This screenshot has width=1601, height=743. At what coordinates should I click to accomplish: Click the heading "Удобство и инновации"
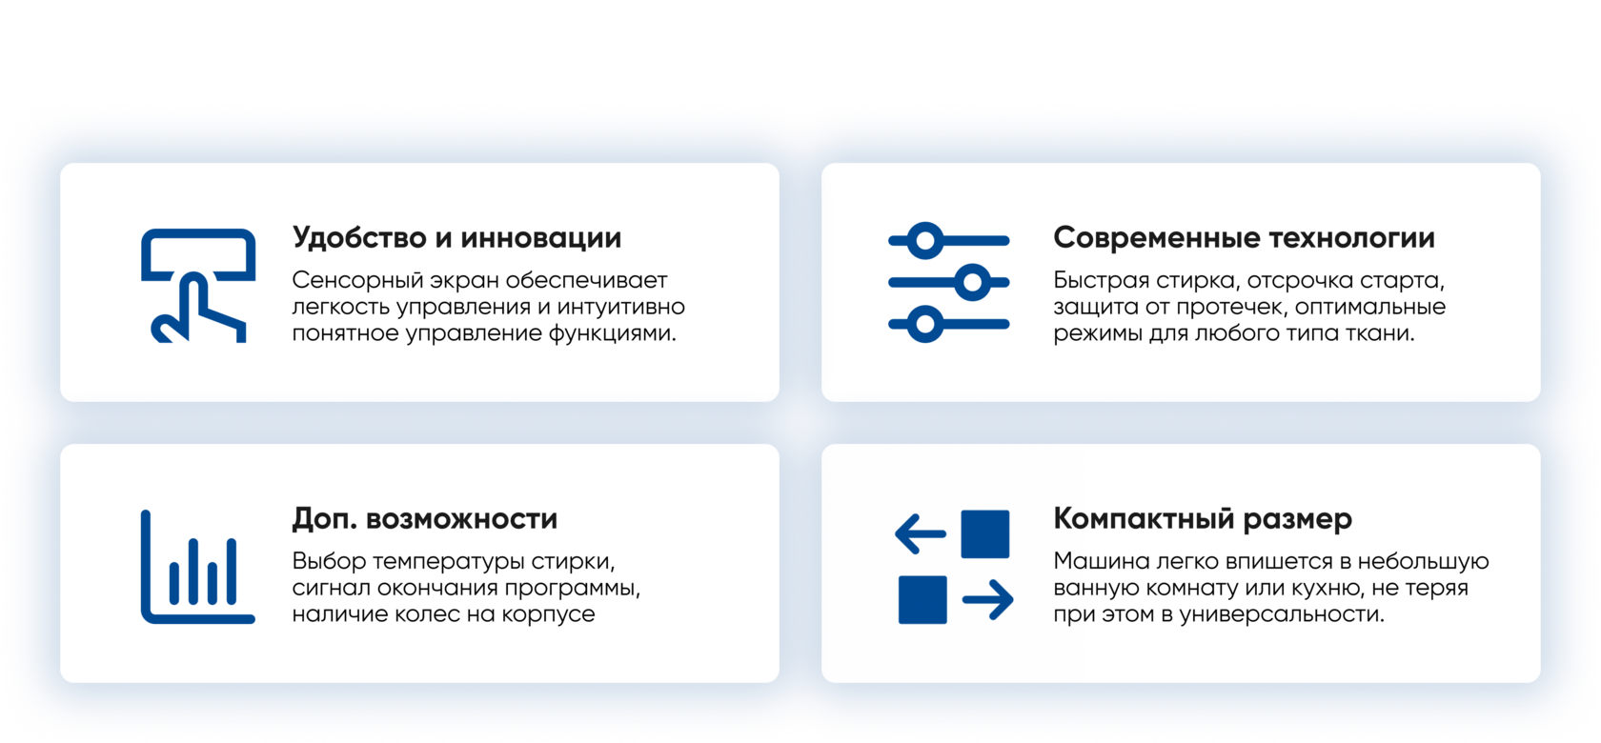pyautogui.click(x=456, y=238)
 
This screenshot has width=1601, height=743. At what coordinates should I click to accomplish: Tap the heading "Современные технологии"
pyautogui.click(x=1244, y=238)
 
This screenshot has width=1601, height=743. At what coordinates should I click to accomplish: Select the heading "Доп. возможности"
pyautogui.click(x=425, y=519)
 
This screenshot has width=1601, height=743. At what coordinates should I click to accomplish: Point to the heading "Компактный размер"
pyautogui.click(x=1203, y=519)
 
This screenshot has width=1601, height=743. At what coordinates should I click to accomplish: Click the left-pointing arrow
pyautogui.click(x=921, y=533)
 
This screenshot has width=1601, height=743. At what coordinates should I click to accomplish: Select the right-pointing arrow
pyautogui.click(x=987, y=599)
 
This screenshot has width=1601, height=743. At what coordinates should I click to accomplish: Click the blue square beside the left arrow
pyautogui.click(x=985, y=533)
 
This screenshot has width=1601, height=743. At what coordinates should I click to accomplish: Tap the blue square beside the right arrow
pyautogui.click(x=922, y=599)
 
